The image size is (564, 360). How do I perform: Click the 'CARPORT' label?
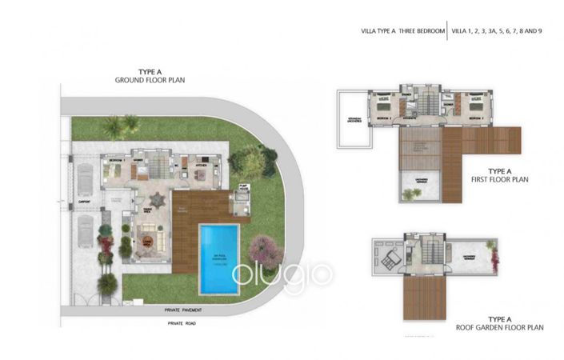click(84, 202)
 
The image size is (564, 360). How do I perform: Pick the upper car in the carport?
click(84, 179)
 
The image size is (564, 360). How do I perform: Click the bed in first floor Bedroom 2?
click(382, 106)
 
